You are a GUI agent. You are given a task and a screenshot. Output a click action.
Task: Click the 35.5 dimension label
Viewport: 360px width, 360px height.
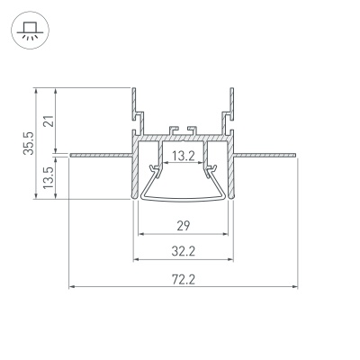(29, 143)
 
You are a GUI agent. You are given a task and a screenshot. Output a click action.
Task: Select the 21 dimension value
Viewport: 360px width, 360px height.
(49, 121)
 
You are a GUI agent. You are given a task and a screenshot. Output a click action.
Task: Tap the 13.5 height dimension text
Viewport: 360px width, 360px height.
(48, 177)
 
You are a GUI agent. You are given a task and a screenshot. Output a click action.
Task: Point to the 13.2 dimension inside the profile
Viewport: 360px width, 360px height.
(184, 156)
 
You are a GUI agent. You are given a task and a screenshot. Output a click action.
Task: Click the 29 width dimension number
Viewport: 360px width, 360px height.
(184, 226)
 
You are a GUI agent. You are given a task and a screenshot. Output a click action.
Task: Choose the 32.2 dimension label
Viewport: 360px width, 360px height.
(184, 251)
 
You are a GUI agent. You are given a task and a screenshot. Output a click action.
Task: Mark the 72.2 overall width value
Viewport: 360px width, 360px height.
(184, 280)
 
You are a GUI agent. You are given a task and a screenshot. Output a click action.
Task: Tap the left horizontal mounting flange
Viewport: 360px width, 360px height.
(101, 155)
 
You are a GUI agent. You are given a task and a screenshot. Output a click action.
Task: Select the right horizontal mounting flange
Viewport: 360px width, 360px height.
(265, 155)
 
